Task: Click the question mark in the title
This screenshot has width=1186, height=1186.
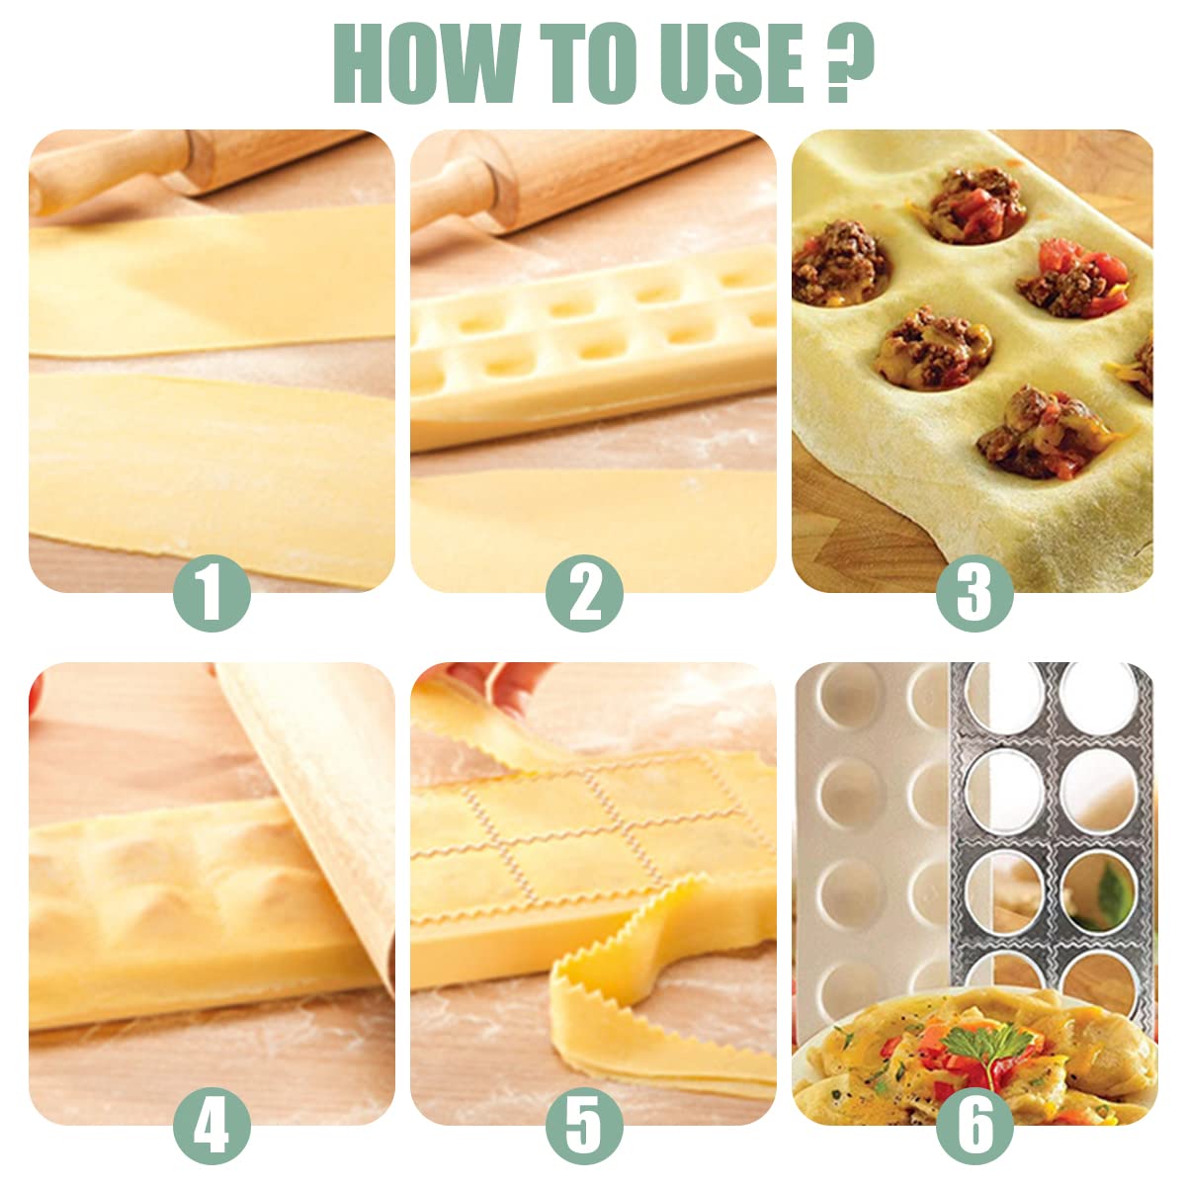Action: [x=850, y=61]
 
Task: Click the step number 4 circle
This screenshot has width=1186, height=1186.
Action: [x=212, y=1125]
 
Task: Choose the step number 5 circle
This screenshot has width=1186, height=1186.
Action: [x=585, y=1125]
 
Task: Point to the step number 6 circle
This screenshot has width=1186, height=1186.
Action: [x=974, y=1125]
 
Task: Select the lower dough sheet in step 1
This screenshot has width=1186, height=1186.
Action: [x=208, y=465]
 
